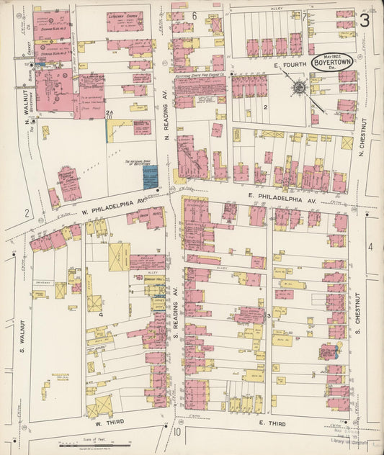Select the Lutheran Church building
click(x=125, y=21)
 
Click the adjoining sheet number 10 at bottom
click(x=177, y=432)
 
